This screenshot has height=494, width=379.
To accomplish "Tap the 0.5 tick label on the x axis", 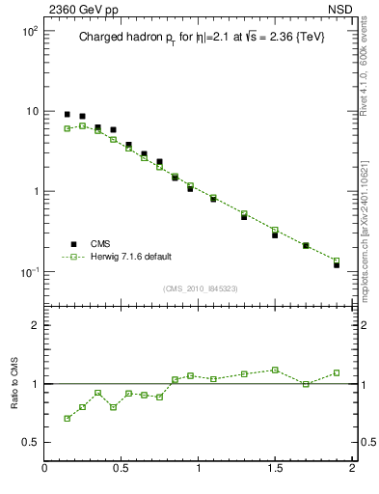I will coord(122,470).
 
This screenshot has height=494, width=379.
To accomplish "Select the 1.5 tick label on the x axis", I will coord(275,470).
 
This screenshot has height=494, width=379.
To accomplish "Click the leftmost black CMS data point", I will coord(68,114).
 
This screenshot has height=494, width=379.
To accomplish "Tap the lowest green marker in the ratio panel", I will coord(68,418).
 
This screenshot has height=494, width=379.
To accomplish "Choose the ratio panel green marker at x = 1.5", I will coord(275,370).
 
